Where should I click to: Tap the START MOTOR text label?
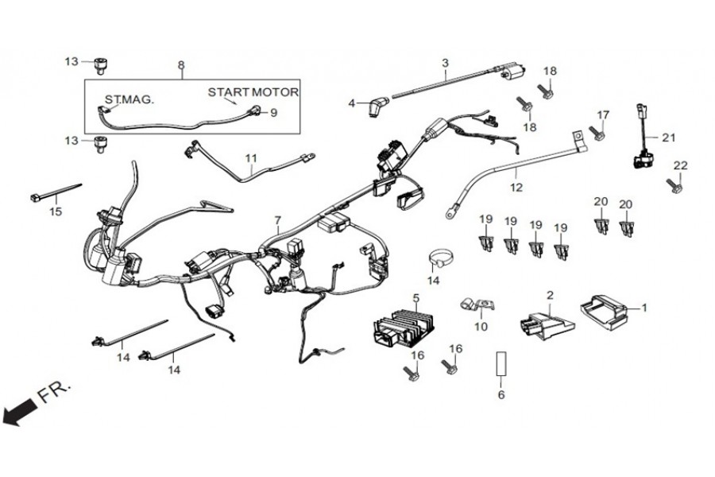pyautogui.click(x=253, y=92)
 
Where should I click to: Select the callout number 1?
pyautogui.click(x=644, y=307)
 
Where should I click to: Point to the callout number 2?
pyautogui.click(x=549, y=294)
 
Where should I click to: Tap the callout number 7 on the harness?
pyautogui.click(x=278, y=219)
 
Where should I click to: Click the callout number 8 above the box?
pyautogui.click(x=181, y=64)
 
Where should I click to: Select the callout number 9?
pyautogui.click(x=273, y=113)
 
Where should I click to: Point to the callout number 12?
pyautogui.click(x=516, y=188)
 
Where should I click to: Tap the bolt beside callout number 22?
pyautogui.click(x=674, y=187)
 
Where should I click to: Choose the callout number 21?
pyautogui.click(x=669, y=138)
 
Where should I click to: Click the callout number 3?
pyautogui.click(x=445, y=62)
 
